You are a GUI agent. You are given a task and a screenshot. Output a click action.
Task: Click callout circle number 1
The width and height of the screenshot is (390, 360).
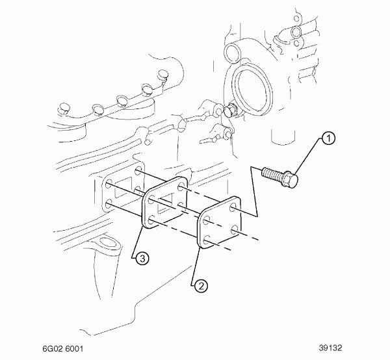[328, 138]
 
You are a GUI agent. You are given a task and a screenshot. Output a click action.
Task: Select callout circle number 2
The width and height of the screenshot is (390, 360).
[201, 286]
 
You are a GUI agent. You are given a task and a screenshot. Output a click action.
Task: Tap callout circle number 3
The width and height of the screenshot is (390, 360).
[142, 259]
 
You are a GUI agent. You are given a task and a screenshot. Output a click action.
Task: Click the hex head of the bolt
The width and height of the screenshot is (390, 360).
[291, 179]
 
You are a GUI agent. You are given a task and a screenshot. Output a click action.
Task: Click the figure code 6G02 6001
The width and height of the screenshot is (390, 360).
[62, 349]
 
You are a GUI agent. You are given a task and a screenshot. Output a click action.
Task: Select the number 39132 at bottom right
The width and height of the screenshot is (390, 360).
[331, 348]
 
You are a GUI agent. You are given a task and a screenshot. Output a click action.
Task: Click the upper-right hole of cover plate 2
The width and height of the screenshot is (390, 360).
[233, 207]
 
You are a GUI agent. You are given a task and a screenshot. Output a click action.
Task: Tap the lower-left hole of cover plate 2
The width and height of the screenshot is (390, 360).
[207, 240]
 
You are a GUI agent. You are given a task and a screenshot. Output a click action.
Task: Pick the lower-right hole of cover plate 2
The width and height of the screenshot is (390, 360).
[234, 230]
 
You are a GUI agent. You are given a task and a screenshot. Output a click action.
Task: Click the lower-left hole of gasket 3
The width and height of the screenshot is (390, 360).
[151, 220]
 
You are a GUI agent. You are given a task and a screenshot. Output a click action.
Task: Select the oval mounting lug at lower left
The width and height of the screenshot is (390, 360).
[106, 244]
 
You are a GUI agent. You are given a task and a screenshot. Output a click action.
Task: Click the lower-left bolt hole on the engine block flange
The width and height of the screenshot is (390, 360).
[109, 206]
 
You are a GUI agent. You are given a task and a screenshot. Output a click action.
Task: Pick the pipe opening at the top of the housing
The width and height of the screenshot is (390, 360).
[232, 52]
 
